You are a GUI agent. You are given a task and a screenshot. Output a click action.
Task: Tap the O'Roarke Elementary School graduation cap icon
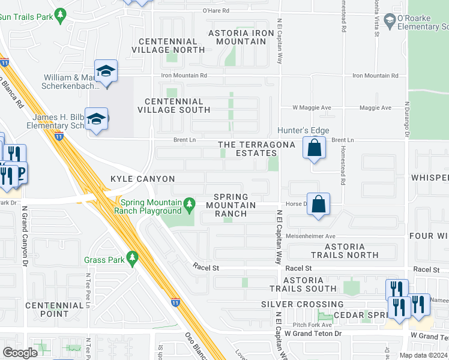[x=390, y=22]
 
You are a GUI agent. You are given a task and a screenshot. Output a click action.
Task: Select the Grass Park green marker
[x=132, y=260]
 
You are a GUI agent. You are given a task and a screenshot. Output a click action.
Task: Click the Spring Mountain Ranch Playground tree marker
[x=190, y=205]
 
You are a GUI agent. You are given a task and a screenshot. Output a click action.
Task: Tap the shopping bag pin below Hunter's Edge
[x=314, y=148]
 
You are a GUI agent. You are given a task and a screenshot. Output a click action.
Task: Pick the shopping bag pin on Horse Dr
[x=319, y=204]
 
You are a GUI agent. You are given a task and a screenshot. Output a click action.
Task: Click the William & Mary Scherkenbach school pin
[x=106, y=72]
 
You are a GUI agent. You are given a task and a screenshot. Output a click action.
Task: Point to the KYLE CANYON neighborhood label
[x=142, y=179]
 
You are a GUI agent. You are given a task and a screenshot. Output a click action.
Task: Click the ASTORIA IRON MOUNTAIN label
[x=237, y=37]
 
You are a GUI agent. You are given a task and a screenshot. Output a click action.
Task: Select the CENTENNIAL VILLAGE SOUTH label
[x=173, y=106]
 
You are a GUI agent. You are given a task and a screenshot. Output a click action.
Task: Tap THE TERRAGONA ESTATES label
[x=256, y=149]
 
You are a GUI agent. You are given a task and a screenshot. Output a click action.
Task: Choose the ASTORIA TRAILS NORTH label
[x=345, y=251]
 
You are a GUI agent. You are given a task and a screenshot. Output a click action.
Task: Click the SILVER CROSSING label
[x=302, y=304]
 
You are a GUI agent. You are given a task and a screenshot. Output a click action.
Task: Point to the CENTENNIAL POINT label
[x=55, y=310]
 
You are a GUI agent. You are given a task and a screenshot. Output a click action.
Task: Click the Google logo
[x=20, y=352]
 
